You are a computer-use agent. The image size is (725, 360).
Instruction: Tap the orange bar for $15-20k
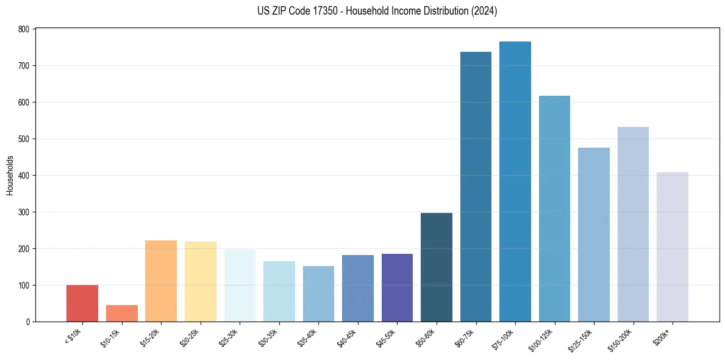[161, 281]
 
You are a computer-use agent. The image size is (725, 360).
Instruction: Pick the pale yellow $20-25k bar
[201, 282]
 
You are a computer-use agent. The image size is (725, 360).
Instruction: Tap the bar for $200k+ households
[673, 247]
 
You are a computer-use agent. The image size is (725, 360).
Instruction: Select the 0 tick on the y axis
[27, 322]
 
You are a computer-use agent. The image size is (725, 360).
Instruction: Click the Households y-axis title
[10, 175]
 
